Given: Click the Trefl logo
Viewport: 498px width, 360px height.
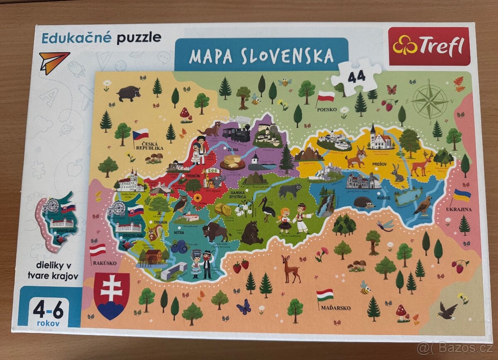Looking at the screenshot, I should [429, 46].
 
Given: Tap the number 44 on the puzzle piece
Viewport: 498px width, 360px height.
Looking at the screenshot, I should [356, 77].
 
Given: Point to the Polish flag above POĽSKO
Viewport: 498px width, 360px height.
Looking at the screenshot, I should [326, 97].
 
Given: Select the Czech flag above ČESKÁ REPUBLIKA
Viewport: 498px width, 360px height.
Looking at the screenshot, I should [141, 134].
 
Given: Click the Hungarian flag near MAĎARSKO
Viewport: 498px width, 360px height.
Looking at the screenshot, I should [325, 295].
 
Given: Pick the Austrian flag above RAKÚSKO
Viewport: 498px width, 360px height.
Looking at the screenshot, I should [98, 250].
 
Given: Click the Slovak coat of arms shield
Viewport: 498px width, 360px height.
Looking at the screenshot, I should [112, 294].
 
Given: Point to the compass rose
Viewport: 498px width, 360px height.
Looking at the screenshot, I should [429, 101].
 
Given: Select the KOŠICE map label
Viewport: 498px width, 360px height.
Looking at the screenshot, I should [383, 198].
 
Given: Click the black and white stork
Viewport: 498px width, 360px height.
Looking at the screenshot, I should [267, 208].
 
